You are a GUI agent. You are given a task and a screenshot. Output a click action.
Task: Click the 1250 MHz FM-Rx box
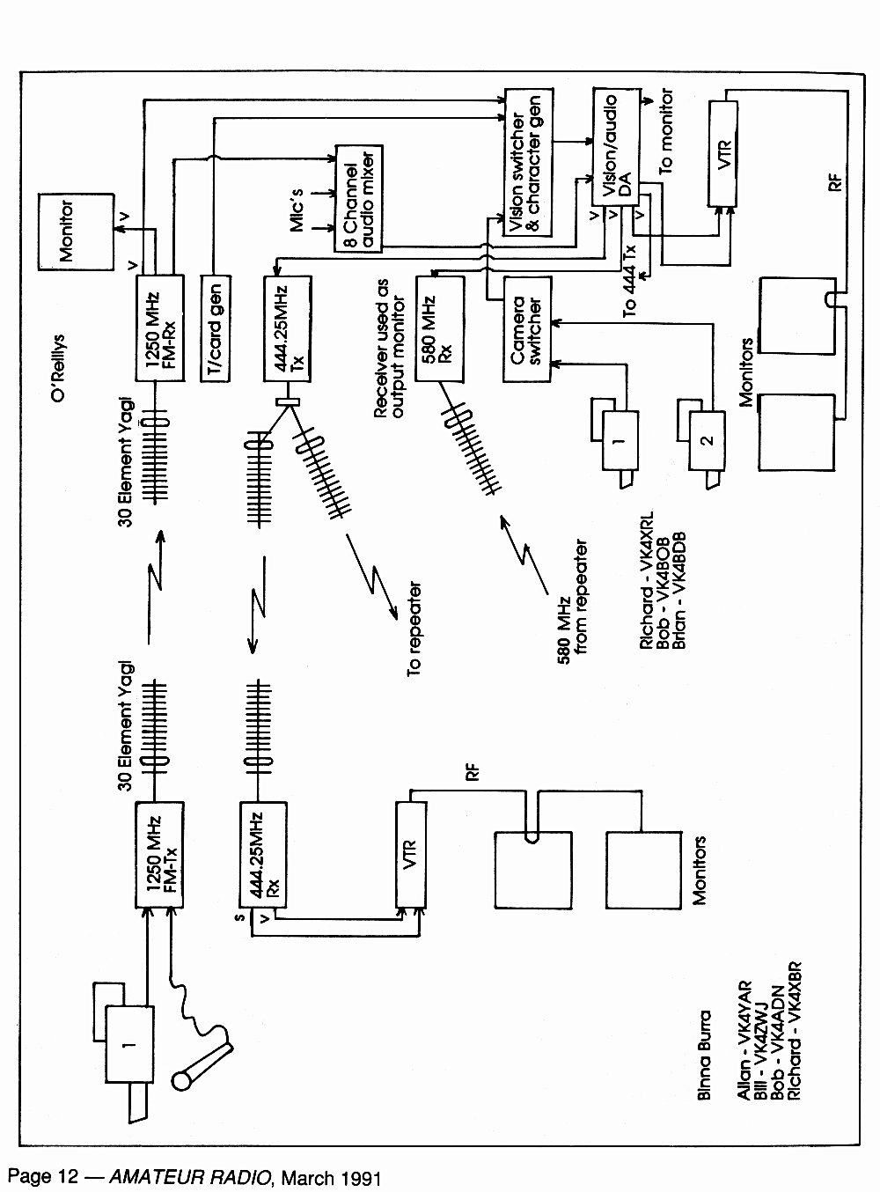coord(159,328)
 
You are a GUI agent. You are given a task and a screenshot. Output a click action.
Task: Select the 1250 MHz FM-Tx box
coord(159,855)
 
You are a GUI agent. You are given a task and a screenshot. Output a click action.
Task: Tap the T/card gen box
coord(216,328)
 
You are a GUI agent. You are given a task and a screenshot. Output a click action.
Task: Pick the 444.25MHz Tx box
coord(288,328)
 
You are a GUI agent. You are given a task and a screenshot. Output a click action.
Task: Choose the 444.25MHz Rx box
coord(263,855)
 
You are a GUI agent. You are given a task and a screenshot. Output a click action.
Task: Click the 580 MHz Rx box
coord(440,328)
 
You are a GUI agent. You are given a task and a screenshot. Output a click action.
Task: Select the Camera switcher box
coord(527,329)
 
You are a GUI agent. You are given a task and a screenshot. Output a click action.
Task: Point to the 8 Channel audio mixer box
coord(359,198)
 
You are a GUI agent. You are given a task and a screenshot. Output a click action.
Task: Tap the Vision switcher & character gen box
coord(529,162)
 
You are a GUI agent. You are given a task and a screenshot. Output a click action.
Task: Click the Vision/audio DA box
coord(617,147)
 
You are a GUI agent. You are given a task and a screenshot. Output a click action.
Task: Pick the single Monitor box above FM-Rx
coord(76,232)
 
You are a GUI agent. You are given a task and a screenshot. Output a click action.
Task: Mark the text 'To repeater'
coord(414,629)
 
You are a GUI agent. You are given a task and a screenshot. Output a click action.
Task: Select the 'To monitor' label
coord(665,131)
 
